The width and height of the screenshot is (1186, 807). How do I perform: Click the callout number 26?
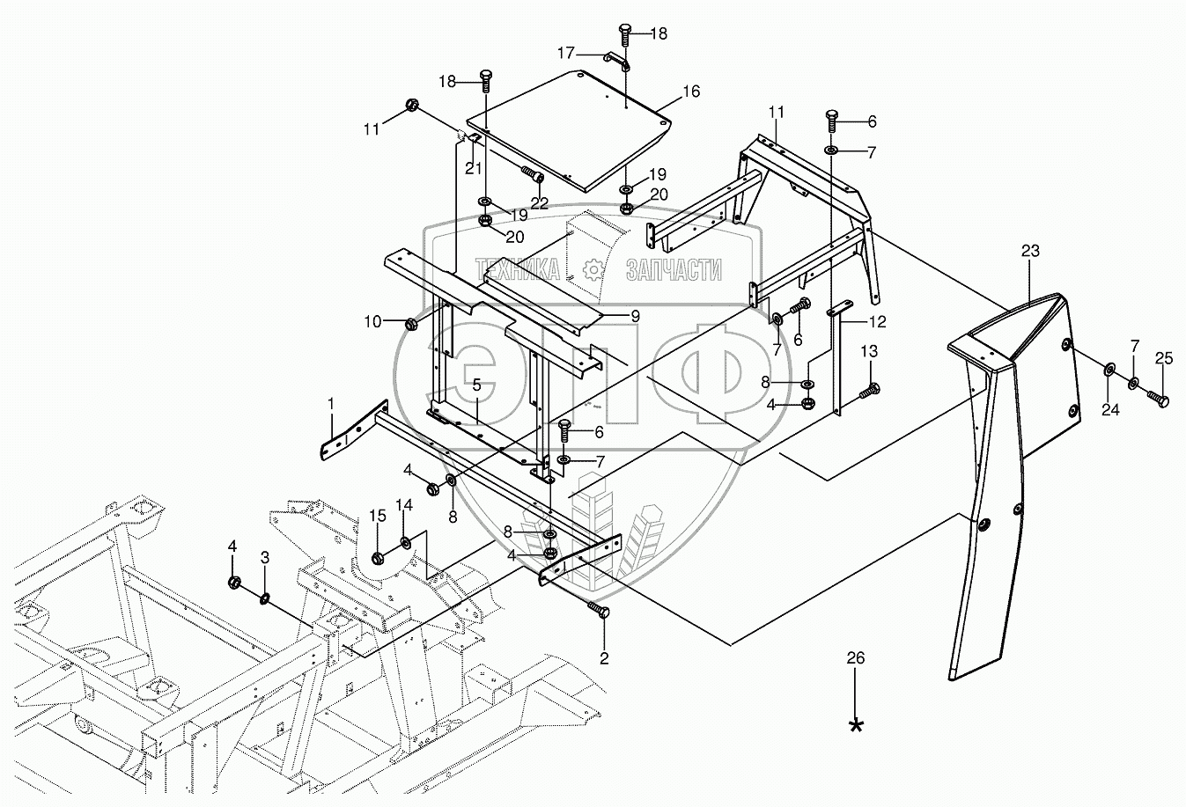[x=855, y=657]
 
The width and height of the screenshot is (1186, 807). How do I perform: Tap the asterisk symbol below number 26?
[x=855, y=724]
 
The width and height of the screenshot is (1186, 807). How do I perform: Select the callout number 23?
[x=1030, y=251]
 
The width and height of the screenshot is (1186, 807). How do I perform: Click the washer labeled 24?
[x=1108, y=367]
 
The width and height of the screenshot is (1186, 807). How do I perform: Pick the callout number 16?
[x=690, y=91]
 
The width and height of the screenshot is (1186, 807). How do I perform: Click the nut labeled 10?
[x=411, y=325]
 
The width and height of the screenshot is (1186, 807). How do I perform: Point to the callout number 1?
[x=332, y=402]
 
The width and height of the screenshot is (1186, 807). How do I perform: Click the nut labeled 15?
[x=377, y=557]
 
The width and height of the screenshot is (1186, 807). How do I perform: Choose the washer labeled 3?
[x=264, y=599]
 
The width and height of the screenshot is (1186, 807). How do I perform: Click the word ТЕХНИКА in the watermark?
[x=517, y=268]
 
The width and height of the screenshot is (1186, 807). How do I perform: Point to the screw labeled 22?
[x=531, y=174]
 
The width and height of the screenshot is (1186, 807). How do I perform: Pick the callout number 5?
[x=476, y=385]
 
